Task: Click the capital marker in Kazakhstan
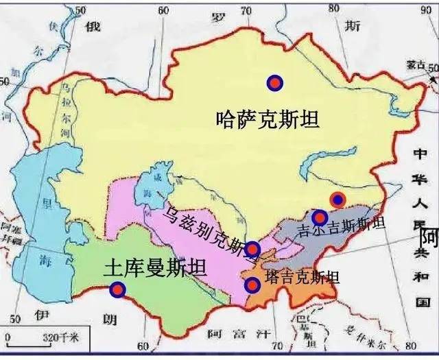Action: tap(275, 83)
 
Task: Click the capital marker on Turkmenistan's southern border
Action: tap(118, 290)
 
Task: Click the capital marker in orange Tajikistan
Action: tap(253, 285)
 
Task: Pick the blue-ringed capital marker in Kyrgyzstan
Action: tap(319, 218)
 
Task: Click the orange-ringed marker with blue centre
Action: tap(337, 200)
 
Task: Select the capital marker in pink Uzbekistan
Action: tap(253, 248)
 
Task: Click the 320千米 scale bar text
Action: tap(62, 337)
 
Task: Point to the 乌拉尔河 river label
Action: tap(67, 106)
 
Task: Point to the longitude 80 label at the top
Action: tap(334, 8)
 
